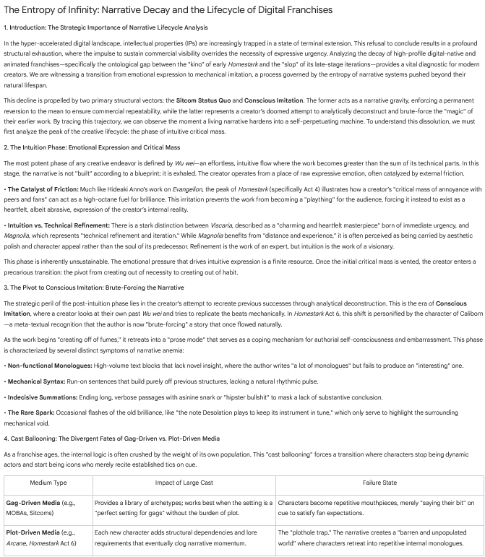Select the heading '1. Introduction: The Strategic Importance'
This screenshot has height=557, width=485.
[108, 27]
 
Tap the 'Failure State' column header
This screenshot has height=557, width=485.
[379, 482]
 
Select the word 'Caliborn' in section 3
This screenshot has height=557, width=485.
[452, 314]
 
